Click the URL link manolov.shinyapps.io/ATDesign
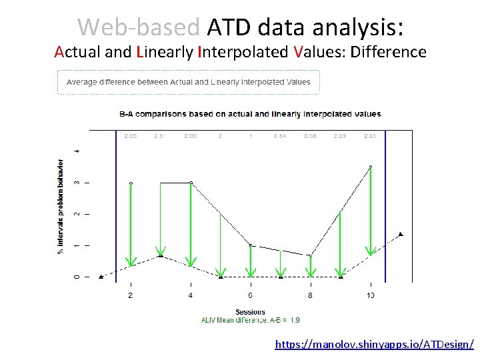[375, 345]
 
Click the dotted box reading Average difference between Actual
[189, 82]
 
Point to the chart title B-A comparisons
[250, 114]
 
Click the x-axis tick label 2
[130, 295]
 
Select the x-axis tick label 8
[310, 295]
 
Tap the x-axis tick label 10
[370, 295]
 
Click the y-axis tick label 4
[77, 151]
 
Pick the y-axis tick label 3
[77, 182]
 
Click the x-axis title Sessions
[250, 311]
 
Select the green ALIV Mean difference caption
[250, 320]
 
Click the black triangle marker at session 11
[401, 234]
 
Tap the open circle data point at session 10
[371, 167]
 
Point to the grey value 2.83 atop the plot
[370, 136]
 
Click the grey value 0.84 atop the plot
[280, 136]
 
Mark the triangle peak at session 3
[161, 255]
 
